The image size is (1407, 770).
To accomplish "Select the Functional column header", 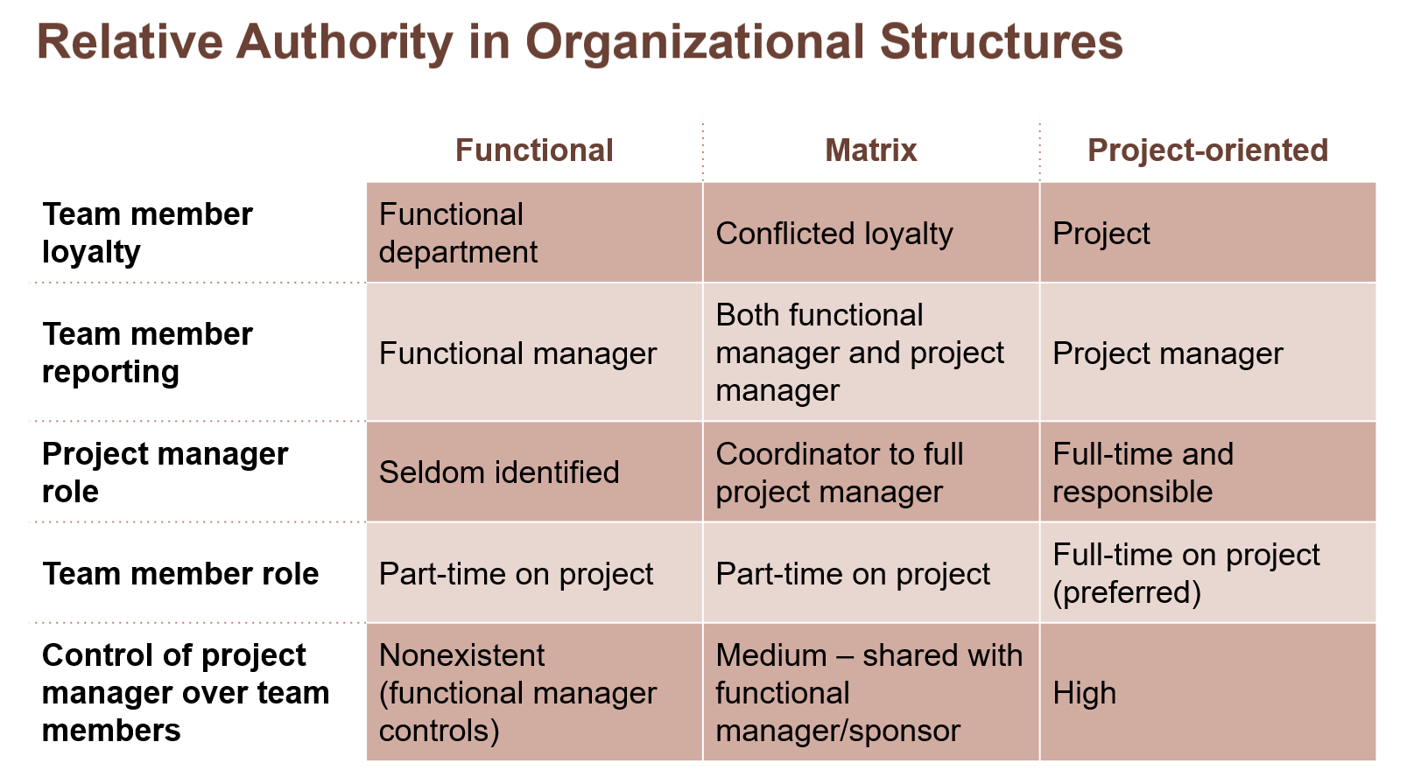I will [x=534, y=150].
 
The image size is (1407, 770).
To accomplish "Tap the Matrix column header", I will [x=870, y=150].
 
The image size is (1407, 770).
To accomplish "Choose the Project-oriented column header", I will [x=1207, y=150].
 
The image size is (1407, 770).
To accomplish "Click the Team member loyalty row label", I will [x=147, y=233].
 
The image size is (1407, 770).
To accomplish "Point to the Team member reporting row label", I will [x=147, y=353].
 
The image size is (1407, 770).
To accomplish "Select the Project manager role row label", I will [x=165, y=472].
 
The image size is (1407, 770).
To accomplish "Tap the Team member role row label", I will [x=180, y=574].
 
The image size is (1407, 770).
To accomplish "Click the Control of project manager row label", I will [x=185, y=692].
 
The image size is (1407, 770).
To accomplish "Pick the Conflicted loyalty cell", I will [x=834, y=234].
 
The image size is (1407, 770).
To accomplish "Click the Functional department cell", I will [x=458, y=233].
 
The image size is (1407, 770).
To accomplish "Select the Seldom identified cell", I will [x=499, y=472].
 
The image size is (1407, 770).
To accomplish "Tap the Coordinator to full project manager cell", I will [x=839, y=472].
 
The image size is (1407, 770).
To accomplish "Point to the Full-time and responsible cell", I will [x=1143, y=472].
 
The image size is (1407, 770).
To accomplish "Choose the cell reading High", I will [x=1084, y=693].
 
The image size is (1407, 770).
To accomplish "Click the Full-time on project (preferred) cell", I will [x=1185, y=573].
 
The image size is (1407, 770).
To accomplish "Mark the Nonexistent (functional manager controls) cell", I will [x=517, y=692].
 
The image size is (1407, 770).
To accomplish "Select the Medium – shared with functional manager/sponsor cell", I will [x=869, y=692].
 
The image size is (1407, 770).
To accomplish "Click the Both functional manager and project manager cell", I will [x=859, y=353].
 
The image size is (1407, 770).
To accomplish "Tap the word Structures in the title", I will [x=1001, y=42].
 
